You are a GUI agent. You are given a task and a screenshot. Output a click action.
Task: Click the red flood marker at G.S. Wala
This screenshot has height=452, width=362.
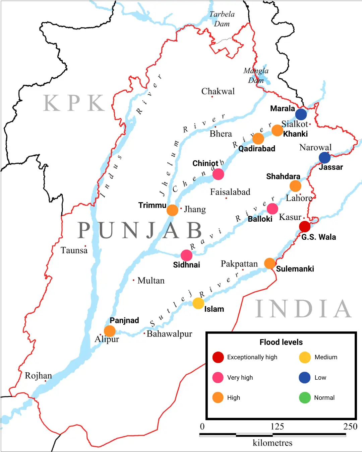(305, 227)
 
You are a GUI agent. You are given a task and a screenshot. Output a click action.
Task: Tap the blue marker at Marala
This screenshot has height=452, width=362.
(301, 114)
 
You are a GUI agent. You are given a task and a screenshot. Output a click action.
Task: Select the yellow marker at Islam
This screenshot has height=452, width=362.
(198, 303)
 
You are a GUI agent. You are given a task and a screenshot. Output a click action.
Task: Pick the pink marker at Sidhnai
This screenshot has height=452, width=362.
(186, 255)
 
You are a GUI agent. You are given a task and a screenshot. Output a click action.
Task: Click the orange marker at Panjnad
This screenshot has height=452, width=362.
(110, 331)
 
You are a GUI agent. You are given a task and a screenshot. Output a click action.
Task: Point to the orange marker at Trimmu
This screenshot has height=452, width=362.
(172, 210)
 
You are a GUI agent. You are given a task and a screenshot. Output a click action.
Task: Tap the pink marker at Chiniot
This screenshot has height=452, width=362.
(218, 174)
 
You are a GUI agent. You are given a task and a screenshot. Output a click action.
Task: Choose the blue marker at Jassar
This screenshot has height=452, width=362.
(324, 157)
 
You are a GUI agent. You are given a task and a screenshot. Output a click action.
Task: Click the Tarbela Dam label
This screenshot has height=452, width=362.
(222, 19)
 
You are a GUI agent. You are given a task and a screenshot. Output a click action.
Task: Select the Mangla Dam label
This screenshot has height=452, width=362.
(256, 75)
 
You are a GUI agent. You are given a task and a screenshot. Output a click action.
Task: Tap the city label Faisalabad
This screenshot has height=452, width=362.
(230, 192)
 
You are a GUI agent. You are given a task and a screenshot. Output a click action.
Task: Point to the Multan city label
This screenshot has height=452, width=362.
(151, 281)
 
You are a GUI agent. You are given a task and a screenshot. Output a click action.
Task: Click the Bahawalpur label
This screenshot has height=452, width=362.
(169, 334)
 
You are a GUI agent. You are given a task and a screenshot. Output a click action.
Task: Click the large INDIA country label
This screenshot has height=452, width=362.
(303, 309)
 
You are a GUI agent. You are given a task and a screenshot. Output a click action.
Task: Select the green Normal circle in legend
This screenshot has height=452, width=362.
(305, 398)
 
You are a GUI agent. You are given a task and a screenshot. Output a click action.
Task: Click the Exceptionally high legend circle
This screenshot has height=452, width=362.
(218, 357)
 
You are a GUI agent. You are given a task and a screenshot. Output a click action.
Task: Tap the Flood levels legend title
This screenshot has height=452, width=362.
(281, 342)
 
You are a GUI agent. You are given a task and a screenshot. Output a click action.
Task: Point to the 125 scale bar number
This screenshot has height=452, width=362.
(277, 427)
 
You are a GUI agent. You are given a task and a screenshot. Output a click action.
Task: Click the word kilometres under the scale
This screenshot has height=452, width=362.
(273, 443)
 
